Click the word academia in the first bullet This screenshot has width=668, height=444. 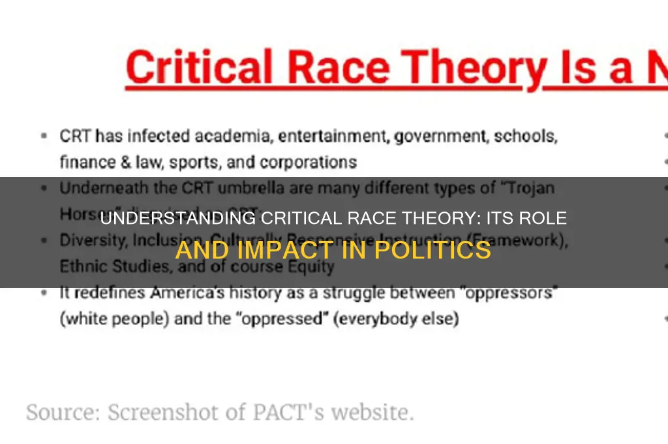pyautogui.click(x=201, y=137)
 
